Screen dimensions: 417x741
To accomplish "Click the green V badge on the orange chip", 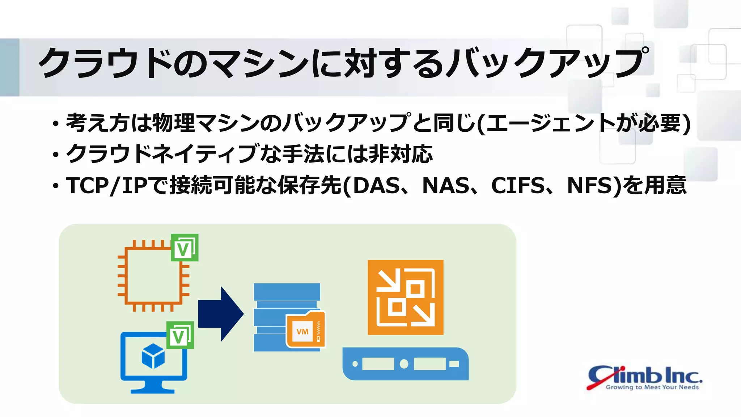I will click(185, 248).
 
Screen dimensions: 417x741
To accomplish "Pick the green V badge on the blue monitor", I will click(180, 335).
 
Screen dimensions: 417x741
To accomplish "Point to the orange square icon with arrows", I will click(405, 297).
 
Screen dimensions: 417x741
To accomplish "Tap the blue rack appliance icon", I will click(405, 364).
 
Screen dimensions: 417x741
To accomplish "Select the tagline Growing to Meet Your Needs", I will click(652, 387).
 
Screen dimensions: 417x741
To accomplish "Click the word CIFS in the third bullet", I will click(518, 186).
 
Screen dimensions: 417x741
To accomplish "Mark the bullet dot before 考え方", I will click(55, 124).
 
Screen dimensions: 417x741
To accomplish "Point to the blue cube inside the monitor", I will click(153, 356).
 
